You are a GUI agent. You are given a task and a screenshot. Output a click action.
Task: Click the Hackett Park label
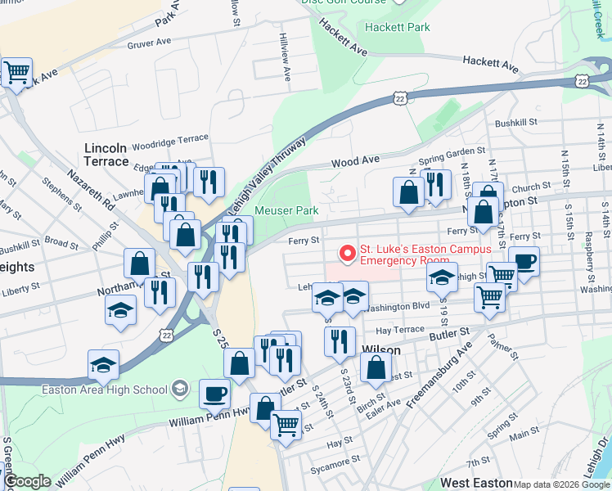click(398, 27)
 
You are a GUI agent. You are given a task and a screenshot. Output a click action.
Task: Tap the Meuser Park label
click(286, 210)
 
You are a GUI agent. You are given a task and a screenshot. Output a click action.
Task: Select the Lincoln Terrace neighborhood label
click(106, 155)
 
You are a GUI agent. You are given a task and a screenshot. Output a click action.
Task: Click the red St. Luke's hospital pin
click(347, 255)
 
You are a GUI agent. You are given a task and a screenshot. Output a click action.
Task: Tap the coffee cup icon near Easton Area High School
click(214, 394)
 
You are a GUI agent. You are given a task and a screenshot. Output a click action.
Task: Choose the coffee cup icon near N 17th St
click(524, 262)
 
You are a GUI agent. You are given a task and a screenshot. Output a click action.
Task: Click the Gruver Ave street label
click(148, 42)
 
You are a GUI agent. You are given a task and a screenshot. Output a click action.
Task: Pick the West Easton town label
click(476, 484)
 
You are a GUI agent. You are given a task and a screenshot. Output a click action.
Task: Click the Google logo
click(26, 481)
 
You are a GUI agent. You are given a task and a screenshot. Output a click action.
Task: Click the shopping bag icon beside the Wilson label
click(376, 368)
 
